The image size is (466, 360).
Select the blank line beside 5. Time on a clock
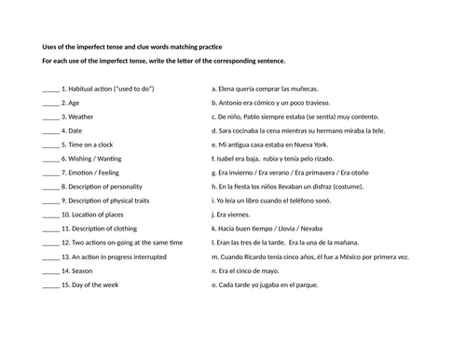[x=50, y=145]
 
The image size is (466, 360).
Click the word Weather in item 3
[x=80, y=117]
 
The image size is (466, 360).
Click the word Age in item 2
[x=75, y=103]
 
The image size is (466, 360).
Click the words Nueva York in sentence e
[x=336, y=145]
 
